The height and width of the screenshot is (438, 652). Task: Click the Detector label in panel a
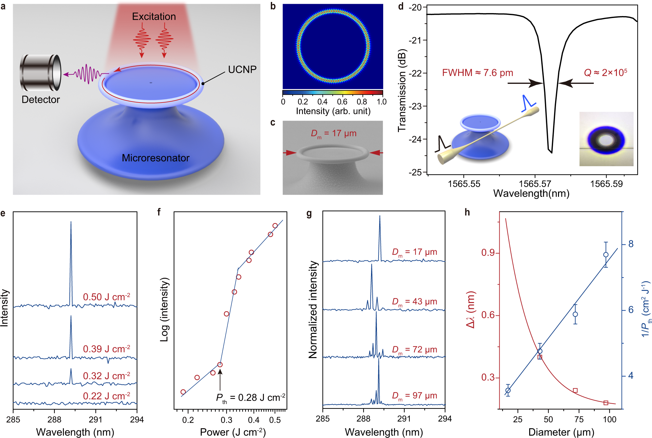(41, 100)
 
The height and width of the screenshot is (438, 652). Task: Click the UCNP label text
(242, 69)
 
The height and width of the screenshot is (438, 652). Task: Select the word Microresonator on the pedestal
(156, 158)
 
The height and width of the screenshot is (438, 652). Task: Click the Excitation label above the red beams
(154, 16)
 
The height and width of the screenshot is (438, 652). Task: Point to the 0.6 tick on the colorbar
(342, 102)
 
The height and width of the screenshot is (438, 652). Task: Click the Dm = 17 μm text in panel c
(333, 134)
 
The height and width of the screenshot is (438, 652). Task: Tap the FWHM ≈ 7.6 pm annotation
(477, 73)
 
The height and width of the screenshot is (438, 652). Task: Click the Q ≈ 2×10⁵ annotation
(605, 72)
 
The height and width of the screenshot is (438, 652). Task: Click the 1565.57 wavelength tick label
(535, 184)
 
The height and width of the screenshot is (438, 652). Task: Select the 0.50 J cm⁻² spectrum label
(106, 297)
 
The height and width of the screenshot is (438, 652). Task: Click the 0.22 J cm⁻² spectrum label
(106, 396)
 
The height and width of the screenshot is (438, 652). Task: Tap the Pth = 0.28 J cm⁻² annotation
(251, 398)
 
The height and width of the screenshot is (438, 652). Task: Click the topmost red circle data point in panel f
(275, 226)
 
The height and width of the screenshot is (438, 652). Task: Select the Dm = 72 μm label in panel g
(415, 350)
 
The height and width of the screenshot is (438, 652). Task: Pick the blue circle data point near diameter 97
(606, 255)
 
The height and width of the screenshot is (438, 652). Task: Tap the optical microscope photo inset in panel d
(606, 139)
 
